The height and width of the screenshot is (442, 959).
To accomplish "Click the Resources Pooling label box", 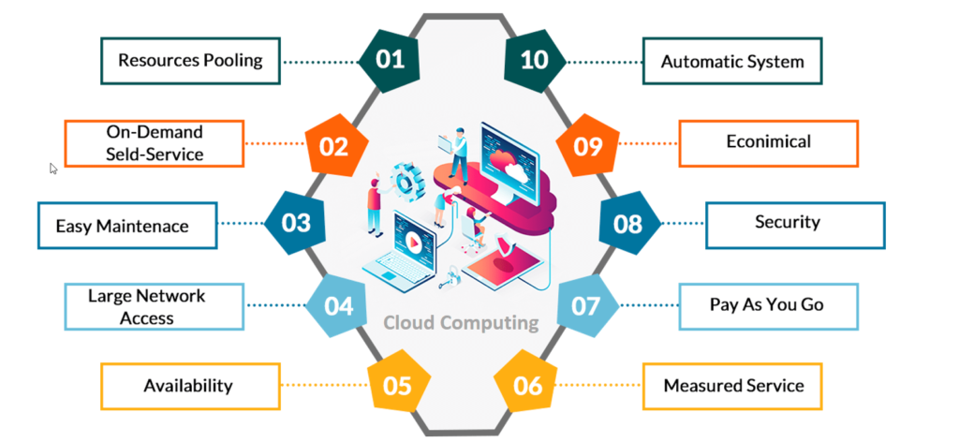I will pos(190,61).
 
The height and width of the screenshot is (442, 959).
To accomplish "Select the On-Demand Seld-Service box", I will pos(154,142).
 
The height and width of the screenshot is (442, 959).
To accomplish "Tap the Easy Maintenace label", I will pos(122,226).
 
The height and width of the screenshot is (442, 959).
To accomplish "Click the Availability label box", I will pos(188,386).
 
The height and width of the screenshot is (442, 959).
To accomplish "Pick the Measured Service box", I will pos(733,386).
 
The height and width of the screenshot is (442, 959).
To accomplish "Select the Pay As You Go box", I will pos(767,304).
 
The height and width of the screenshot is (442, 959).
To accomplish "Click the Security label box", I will pos(793,223).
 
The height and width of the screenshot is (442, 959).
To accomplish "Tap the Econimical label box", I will pos(768,142).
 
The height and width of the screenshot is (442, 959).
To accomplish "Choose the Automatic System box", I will pos(731,62).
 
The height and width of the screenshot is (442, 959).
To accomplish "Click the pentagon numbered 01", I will pos(391,61).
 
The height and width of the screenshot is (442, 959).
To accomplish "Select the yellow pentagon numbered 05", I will pos(397,385).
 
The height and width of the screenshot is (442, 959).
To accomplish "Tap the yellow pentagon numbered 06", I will pos(527,385).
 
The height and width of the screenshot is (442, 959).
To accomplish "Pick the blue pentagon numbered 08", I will pos(627,224).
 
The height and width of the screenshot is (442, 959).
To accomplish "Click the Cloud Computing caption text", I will pos(461,323).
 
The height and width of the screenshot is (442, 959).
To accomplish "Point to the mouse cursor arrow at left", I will pos(53,169).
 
